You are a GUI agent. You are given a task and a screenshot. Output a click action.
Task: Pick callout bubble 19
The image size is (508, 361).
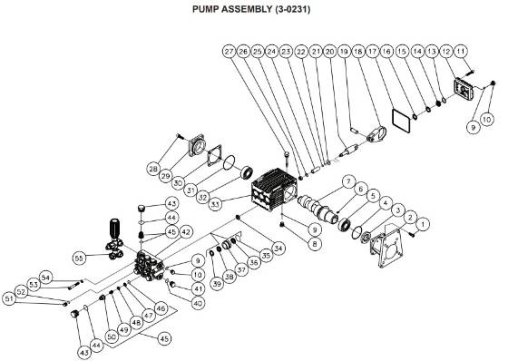pos(344,53)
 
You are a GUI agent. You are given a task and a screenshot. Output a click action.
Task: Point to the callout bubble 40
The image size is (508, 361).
pos(198,304)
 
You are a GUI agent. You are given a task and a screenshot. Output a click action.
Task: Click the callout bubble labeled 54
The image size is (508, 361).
pos(45,277)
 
